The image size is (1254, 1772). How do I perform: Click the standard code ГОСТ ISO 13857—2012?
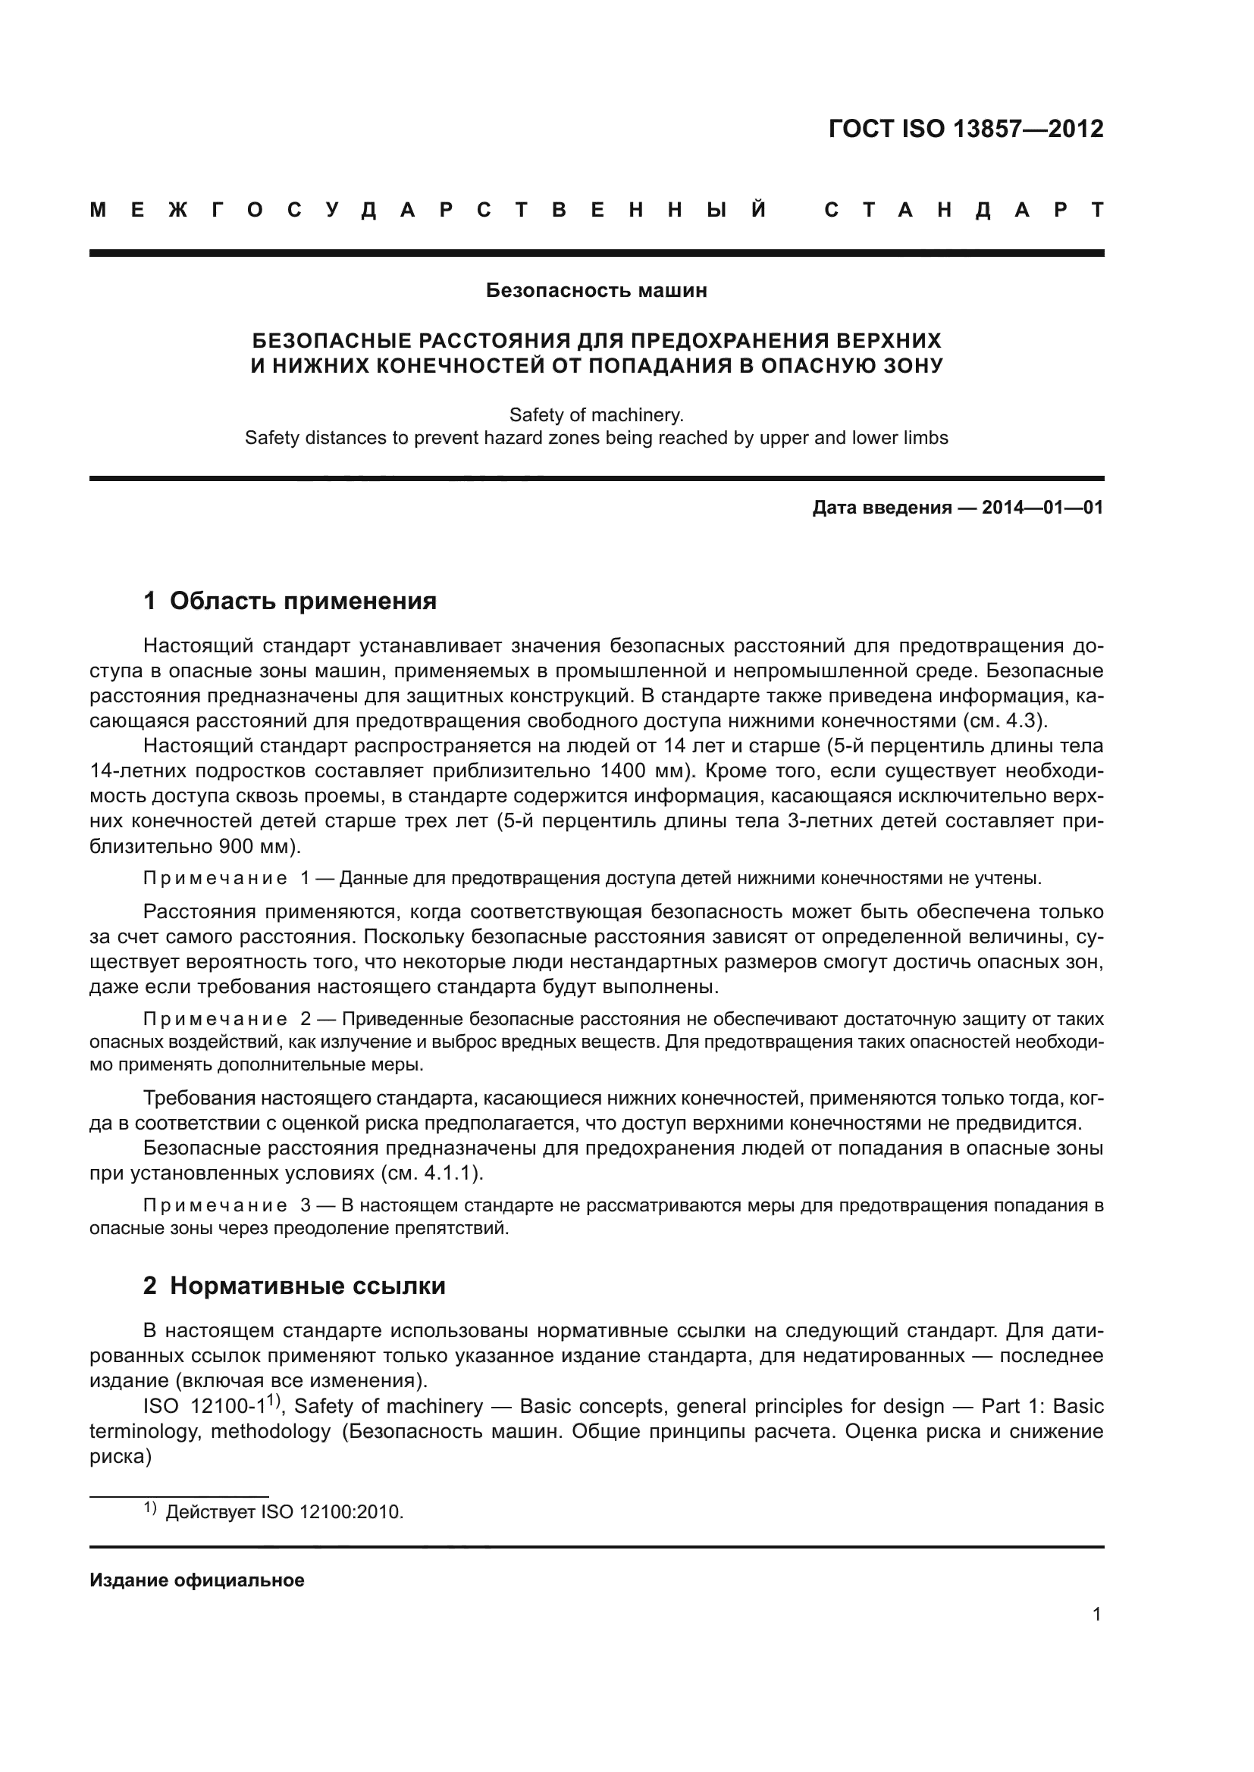tap(965, 129)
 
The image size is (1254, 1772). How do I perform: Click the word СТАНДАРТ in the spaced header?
tap(964, 210)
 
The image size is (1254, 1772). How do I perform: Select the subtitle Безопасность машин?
tap(596, 291)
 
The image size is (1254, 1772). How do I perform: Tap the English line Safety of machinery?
tap(596, 415)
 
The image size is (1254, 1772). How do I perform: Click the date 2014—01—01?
tap(1042, 508)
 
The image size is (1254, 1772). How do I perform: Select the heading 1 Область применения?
tap(290, 601)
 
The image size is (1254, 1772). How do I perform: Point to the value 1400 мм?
tap(640, 771)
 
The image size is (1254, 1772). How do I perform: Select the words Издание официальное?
tap(197, 1580)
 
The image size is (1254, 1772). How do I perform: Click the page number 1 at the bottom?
tap(1096, 1636)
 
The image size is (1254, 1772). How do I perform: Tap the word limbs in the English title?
tap(925, 439)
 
